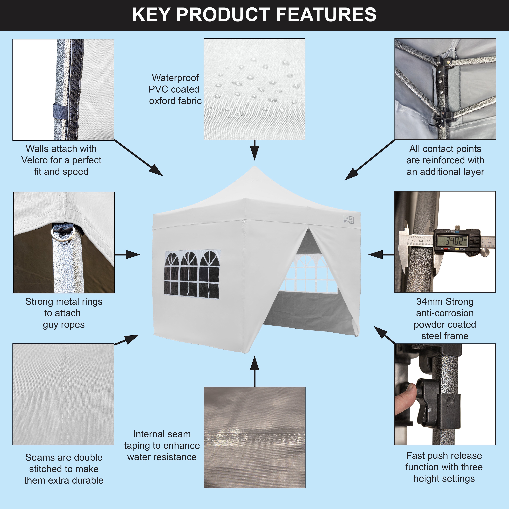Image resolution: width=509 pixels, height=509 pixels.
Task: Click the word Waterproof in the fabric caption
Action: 175,78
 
